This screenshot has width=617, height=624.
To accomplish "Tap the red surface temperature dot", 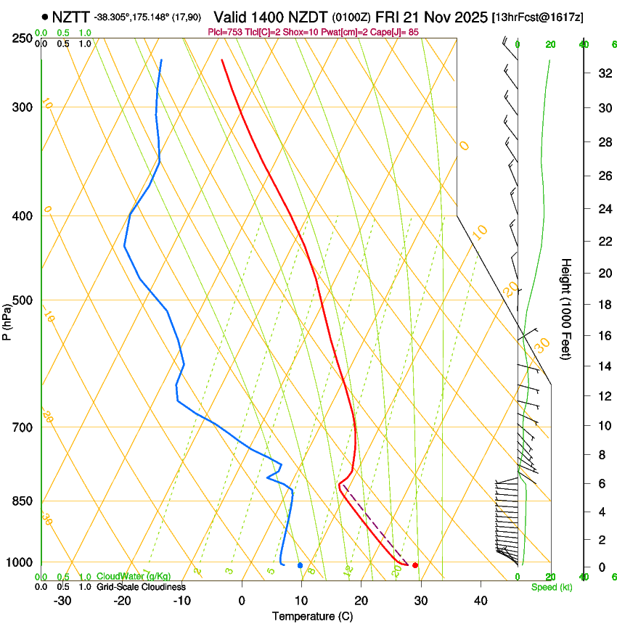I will click(x=414, y=565).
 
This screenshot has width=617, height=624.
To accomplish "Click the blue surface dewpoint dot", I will click(x=300, y=565).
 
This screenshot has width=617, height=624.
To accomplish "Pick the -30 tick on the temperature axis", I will click(x=62, y=600).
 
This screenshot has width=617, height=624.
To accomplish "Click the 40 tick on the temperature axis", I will click(x=480, y=600).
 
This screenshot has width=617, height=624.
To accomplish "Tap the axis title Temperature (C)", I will click(x=312, y=616).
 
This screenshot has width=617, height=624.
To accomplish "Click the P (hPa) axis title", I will click(x=7, y=319).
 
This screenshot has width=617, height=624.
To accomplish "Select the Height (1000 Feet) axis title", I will click(x=566, y=308).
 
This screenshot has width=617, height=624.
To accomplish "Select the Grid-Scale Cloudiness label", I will click(x=141, y=587).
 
